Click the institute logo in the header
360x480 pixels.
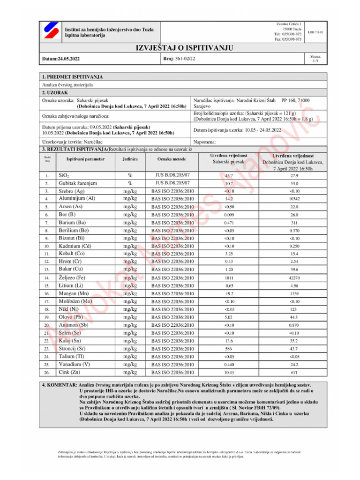(x=49, y=32)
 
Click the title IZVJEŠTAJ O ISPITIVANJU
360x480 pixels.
(x=180, y=48)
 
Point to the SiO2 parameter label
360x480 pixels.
(x=64, y=175)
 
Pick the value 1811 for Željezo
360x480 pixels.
(x=229, y=278)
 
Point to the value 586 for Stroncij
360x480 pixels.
(x=229, y=349)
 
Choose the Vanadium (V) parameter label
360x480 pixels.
(x=75, y=364)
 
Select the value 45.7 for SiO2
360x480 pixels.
(x=229, y=175)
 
